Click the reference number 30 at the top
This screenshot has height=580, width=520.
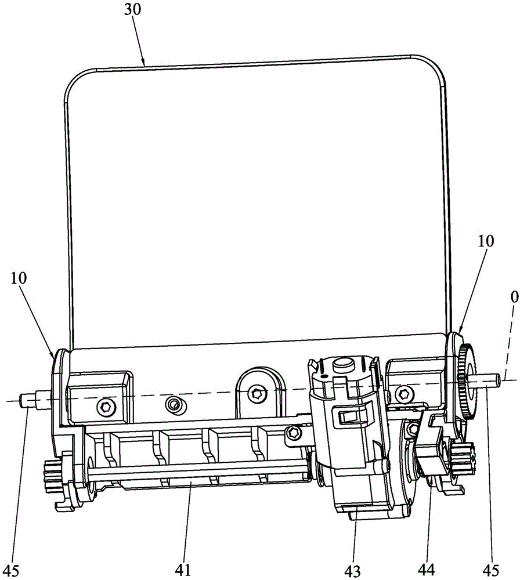coord(132,9)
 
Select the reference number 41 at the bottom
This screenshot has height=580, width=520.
coord(183,570)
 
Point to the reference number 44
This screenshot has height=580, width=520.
coord(426,570)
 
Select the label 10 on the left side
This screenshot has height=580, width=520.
coord(19,278)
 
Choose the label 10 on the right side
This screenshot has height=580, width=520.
coord(486,241)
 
